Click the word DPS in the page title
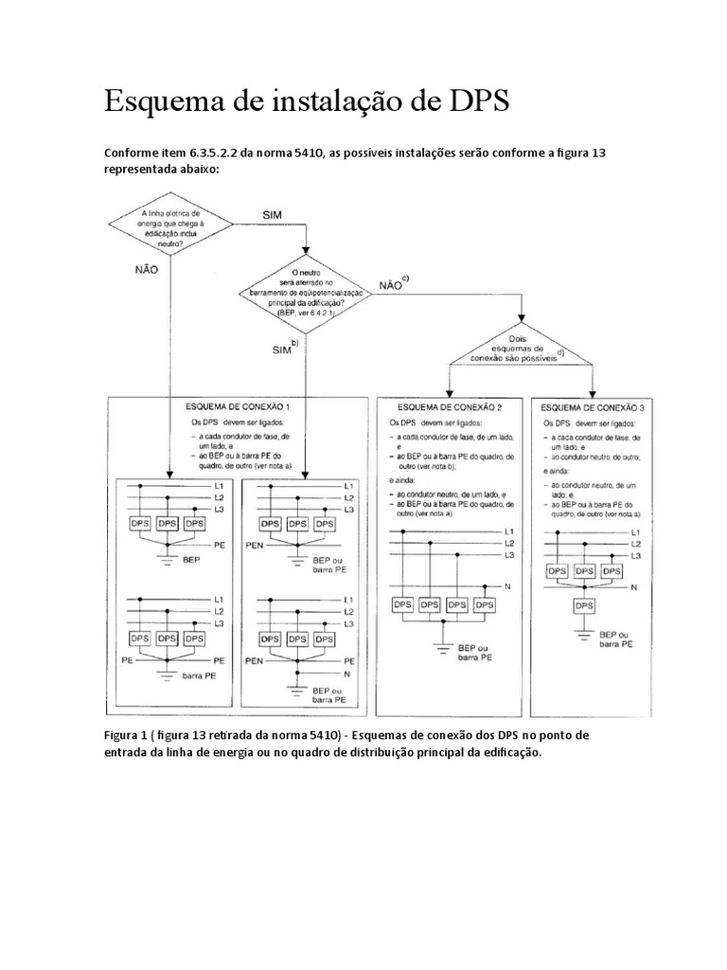click(469, 100)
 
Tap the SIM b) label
click(284, 349)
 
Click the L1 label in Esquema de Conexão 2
click(509, 531)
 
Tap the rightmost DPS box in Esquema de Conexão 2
click(484, 604)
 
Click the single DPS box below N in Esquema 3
click(585, 604)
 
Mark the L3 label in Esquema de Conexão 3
click(637, 556)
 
